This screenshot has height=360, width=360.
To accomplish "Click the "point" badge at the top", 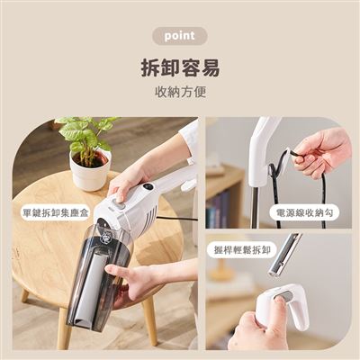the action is tap(179, 36).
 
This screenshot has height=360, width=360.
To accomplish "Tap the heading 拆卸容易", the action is tap(180, 67).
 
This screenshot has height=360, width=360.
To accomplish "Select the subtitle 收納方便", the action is tap(180, 92).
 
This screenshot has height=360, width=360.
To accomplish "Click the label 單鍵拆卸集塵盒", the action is tap(56, 212).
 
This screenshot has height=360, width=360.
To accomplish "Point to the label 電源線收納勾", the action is tap(304, 212).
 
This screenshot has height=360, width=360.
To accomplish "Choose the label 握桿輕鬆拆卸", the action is tap(242, 249).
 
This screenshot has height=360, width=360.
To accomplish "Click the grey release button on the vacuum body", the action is tap(119, 205).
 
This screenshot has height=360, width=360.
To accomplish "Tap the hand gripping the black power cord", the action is tap(322, 150).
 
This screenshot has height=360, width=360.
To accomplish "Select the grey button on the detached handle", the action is tap(286, 296).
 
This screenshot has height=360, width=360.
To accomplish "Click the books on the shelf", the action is tap(219, 209).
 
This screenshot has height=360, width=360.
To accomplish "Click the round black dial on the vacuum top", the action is tap(148, 186).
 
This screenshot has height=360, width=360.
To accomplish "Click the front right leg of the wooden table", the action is tap(150, 321).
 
